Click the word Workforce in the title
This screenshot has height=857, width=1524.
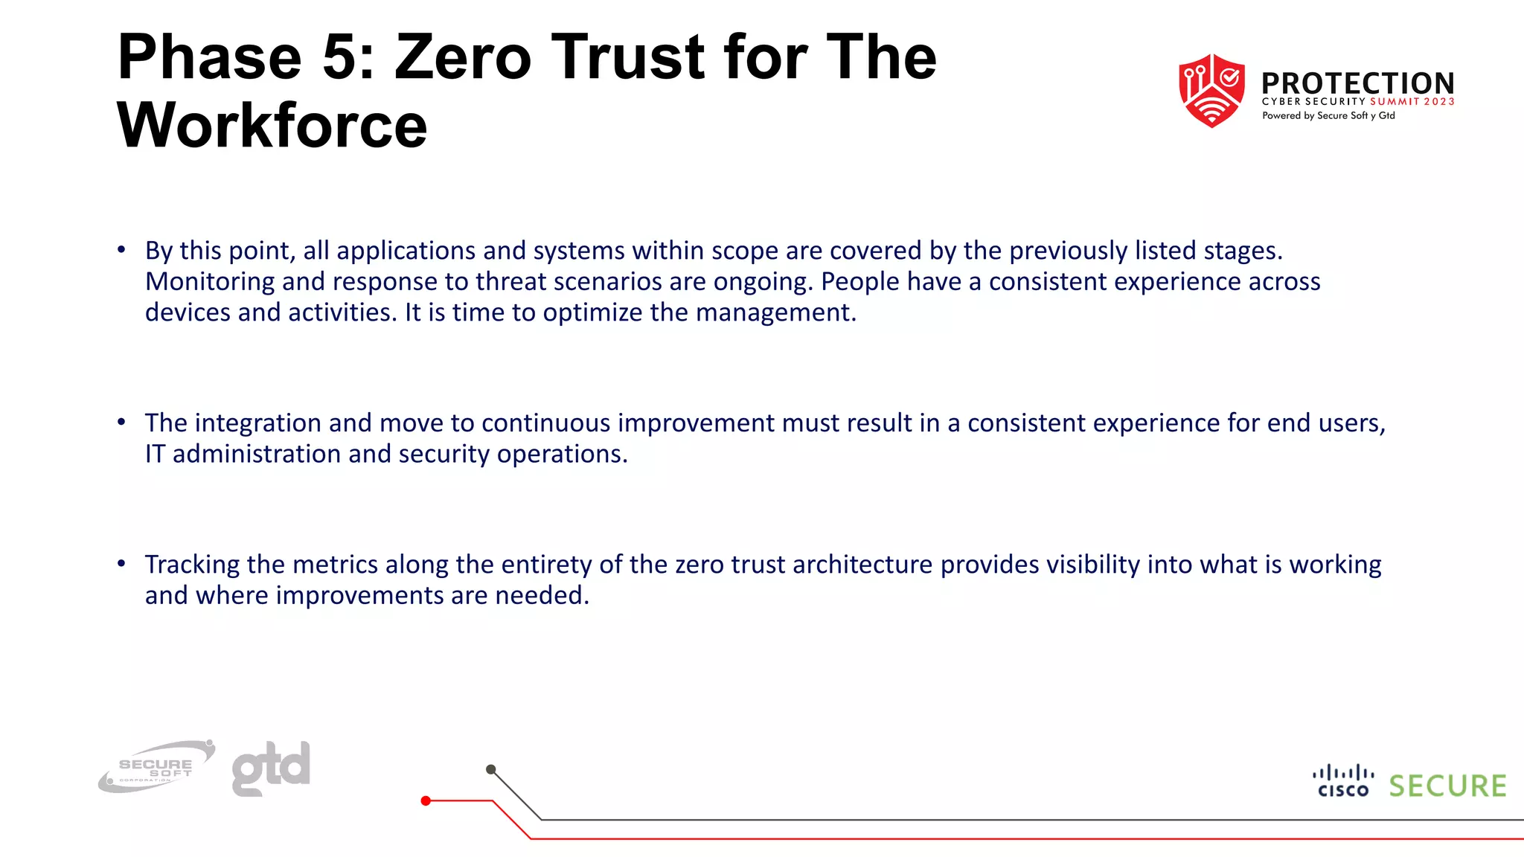click(x=272, y=125)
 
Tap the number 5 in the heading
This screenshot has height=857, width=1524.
click(x=340, y=57)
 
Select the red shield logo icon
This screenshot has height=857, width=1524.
click(x=1211, y=90)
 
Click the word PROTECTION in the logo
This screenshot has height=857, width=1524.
click(x=1357, y=83)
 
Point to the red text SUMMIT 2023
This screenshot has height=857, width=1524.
click(x=1412, y=102)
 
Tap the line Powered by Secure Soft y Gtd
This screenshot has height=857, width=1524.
click(x=1328, y=116)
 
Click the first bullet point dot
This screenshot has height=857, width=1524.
click(x=121, y=250)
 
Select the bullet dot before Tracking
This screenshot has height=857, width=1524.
click(x=121, y=564)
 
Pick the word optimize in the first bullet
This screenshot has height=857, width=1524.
click(x=592, y=312)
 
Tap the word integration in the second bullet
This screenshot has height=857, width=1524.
click(x=257, y=423)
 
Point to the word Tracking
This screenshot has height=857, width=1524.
click(x=192, y=565)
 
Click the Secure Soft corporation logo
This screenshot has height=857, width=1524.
click(x=156, y=767)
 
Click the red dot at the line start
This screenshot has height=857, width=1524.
click(x=426, y=801)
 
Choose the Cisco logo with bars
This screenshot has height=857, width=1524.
click(x=1343, y=781)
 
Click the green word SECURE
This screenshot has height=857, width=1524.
click(x=1447, y=786)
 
